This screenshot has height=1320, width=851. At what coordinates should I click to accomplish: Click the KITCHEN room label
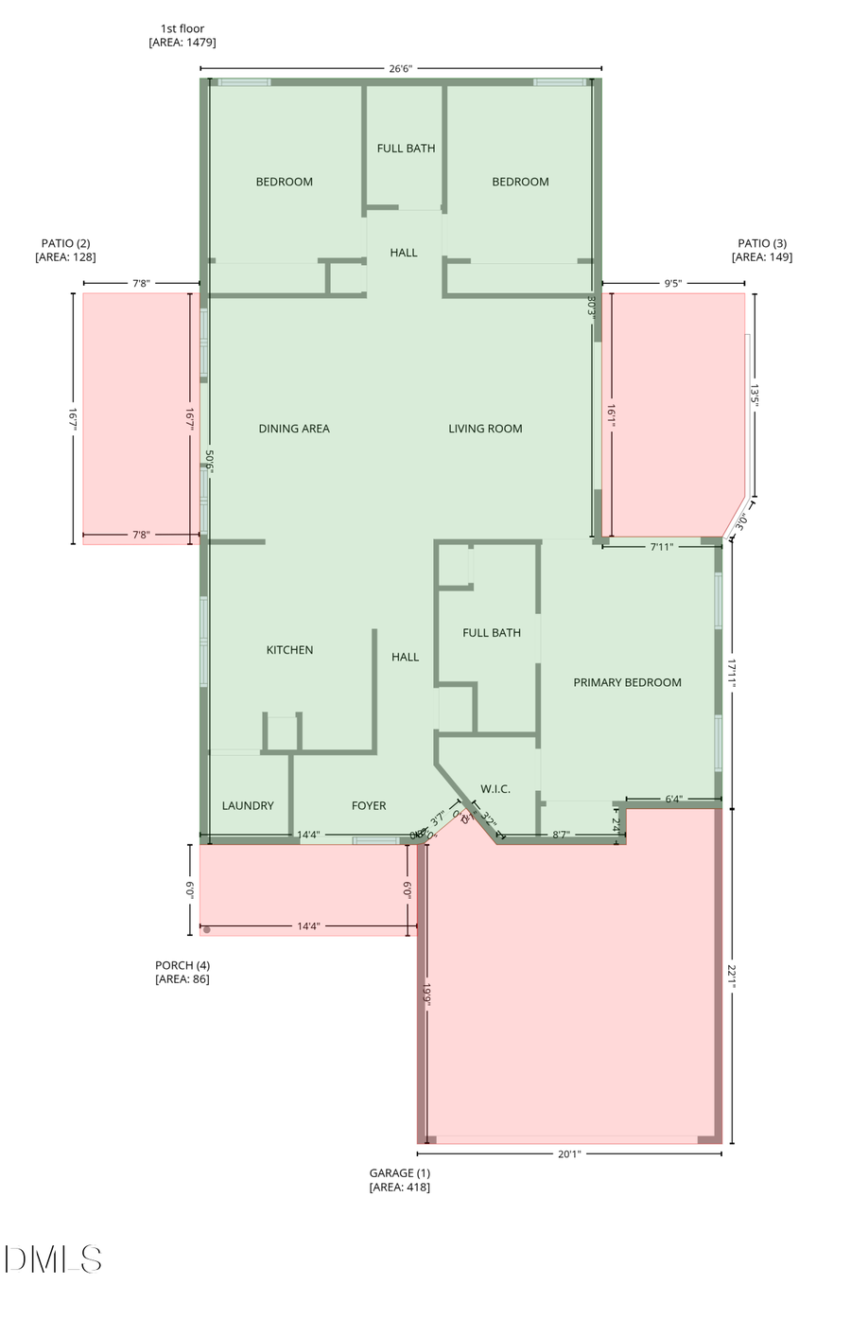point(289,650)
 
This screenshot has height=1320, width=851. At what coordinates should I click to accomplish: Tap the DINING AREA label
point(294,429)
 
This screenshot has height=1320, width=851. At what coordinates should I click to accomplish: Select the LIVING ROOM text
point(485,429)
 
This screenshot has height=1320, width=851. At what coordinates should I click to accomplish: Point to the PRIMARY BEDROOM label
point(627,682)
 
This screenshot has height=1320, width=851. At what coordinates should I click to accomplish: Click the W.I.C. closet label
point(495,789)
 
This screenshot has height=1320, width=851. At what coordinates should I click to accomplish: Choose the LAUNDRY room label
point(248,806)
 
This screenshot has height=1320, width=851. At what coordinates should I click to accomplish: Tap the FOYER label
point(369,806)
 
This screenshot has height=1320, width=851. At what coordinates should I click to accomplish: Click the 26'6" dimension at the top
point(401,68)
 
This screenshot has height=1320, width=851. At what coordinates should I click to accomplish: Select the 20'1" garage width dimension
point(569,1153)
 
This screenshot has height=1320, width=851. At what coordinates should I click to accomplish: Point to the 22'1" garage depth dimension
point(732,976)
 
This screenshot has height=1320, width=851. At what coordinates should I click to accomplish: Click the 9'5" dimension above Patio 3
point(673,283)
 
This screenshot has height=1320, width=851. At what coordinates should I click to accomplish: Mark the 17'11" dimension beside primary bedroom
point(732,674)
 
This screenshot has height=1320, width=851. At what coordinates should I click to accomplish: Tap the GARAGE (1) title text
point(399,1173)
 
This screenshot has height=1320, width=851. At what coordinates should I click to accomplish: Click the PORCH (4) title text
point(182,965)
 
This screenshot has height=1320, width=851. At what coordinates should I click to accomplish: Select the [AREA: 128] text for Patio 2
point(65,257)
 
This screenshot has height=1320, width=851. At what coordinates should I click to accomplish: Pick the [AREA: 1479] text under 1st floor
point(182,43)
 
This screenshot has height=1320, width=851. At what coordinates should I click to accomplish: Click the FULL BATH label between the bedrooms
point(406,149)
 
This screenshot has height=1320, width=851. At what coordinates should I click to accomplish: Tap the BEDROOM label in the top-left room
point(284,182)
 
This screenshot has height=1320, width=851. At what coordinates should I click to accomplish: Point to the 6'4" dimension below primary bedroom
point(673,800)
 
